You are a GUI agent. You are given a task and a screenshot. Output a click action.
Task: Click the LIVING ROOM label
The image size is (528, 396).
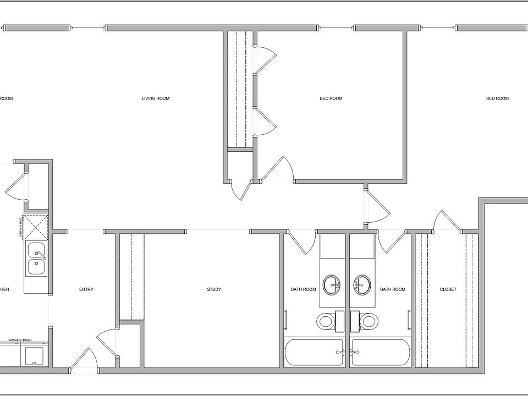tap(156, 98)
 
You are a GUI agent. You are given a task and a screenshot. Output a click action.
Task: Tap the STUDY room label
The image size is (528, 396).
tap(214, 289)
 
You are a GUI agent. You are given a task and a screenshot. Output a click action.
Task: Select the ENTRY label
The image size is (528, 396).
tap(86, 289)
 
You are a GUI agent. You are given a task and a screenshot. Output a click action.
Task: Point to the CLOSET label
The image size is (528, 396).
tap(448, 289)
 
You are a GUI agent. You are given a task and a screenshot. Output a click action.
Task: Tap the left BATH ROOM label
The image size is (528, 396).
tap(304, 289)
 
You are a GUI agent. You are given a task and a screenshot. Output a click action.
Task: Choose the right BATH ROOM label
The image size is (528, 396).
tap(393, 289)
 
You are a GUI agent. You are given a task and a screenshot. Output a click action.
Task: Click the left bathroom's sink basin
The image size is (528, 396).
tap(332, 284)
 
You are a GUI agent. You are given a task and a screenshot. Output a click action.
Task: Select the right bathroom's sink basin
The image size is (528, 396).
tap(362, 284)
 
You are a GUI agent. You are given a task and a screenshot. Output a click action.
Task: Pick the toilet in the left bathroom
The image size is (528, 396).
tap(326, 321)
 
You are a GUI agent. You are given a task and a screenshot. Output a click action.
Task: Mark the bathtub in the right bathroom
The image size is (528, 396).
tap(381, 353)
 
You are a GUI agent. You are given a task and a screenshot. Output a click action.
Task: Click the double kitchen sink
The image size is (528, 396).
tap(37, 259)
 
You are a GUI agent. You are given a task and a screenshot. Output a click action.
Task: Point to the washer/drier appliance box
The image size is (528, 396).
tap(34, 355)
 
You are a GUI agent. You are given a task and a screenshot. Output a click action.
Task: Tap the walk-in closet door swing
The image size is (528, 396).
tap(447, 221)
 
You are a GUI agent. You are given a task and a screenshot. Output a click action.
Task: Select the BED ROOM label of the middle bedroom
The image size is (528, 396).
tap(331, 98)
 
